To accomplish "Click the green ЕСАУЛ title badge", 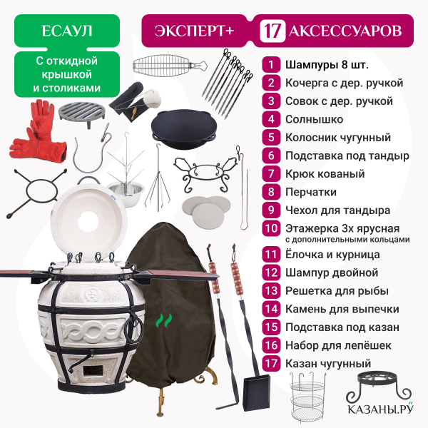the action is (x=67, y=31).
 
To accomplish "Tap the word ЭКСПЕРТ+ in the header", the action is (x=194, y=31).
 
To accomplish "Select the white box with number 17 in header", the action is (x=272, y=31).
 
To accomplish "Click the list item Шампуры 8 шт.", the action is (x=327, y=65).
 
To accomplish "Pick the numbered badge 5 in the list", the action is (x=271, y=137).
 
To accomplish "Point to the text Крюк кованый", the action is (x=325, y=174).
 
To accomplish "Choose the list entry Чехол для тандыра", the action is (x=337, y=210).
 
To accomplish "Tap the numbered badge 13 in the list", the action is (x=271, y=291).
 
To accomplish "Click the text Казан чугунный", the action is (x=328, y=364).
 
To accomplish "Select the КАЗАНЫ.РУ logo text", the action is (x=380, y=409).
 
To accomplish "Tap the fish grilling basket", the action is (x=170, y=65).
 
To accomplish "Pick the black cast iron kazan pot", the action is (x=184, y=129).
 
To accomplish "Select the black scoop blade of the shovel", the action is (x=256, y=392).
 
